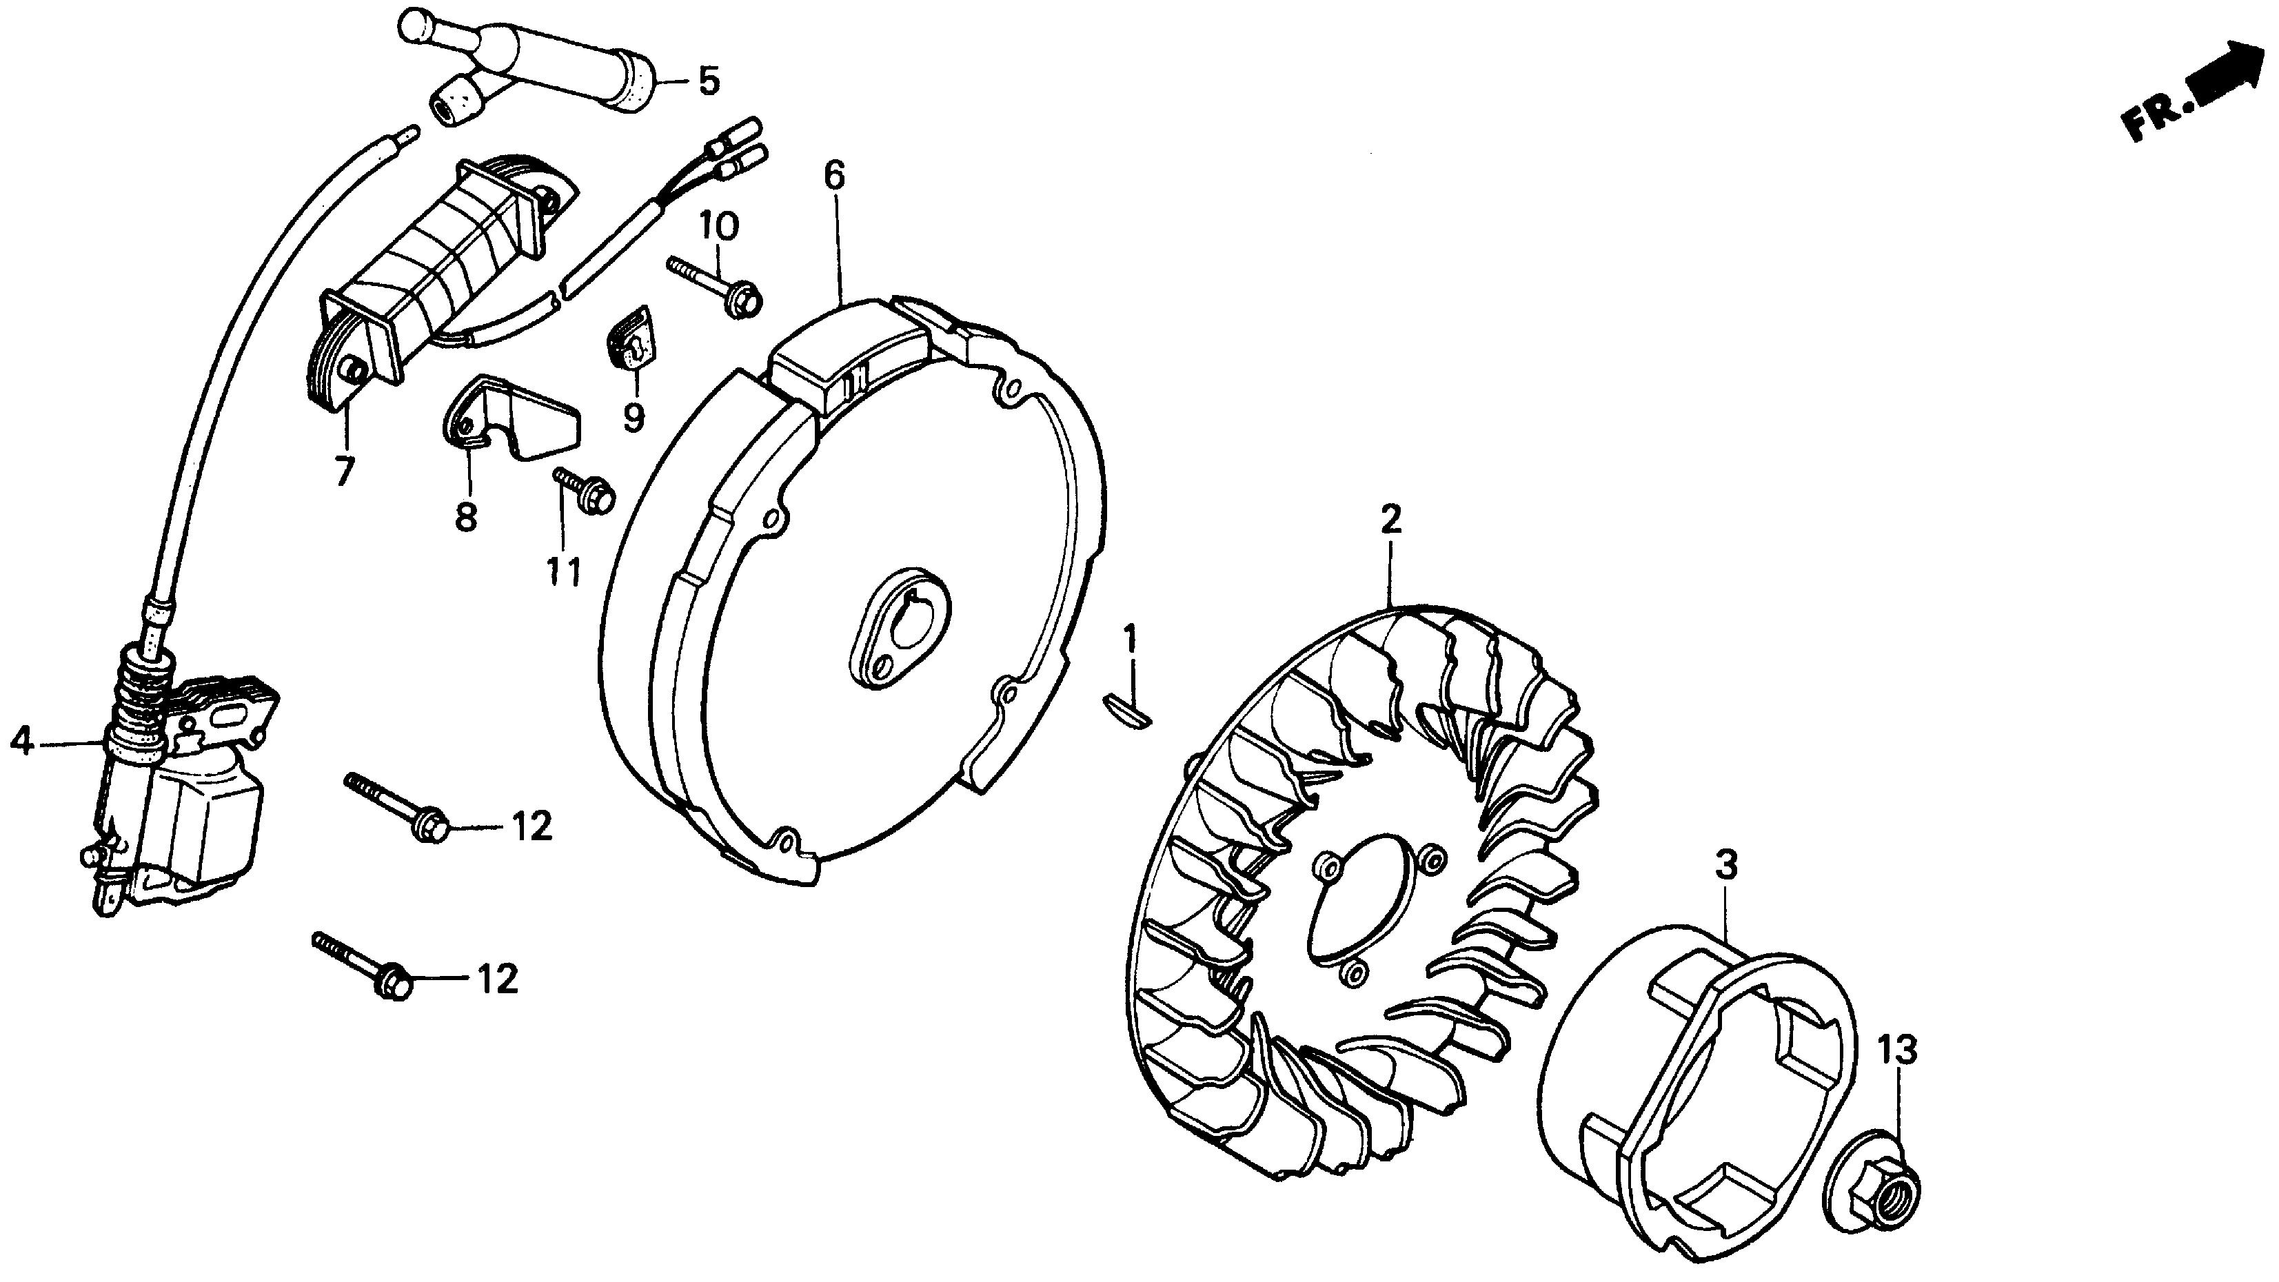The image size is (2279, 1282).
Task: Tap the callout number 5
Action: pos(709,81)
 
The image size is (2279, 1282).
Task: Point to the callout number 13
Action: pos(1898,1050)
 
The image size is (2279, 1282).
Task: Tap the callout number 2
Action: pos(1390,519)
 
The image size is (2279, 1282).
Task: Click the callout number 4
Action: pos(22,742)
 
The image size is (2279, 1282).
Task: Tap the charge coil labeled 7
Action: pos(434,274)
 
